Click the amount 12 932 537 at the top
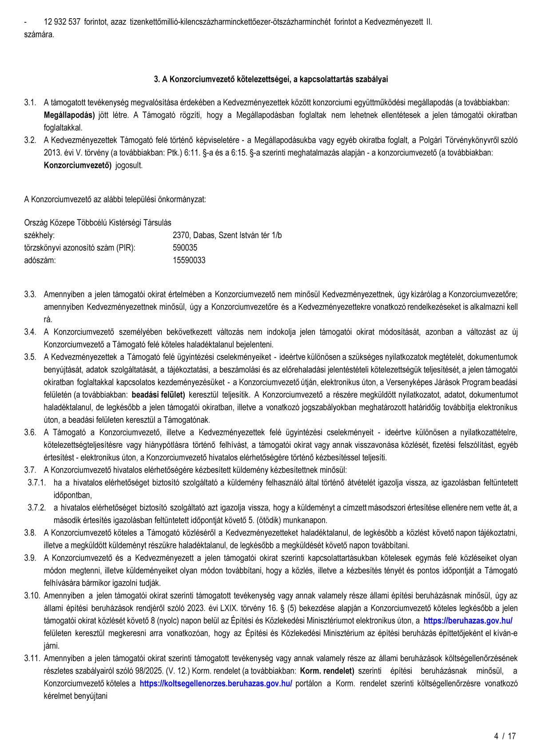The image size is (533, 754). pos(62,22)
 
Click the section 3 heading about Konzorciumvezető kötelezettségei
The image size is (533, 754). pos(271,79)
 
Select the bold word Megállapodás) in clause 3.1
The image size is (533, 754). pos(69,115)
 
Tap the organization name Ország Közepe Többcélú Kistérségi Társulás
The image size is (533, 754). pos(98,223)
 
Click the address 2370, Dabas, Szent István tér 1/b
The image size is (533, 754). pos(227,235)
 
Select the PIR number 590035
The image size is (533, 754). pos(185,247)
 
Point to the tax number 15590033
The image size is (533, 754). pos(189,260)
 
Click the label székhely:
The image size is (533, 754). pos(40,235)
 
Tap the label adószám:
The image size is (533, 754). pos(40,260)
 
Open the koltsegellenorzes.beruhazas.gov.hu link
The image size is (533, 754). pos(216,683)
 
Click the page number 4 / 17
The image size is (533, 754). pos(505,736)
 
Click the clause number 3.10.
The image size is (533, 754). pos(32,595)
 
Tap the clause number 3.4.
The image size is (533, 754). pos(30,332)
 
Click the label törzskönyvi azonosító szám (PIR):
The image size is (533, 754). pos(80,247)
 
